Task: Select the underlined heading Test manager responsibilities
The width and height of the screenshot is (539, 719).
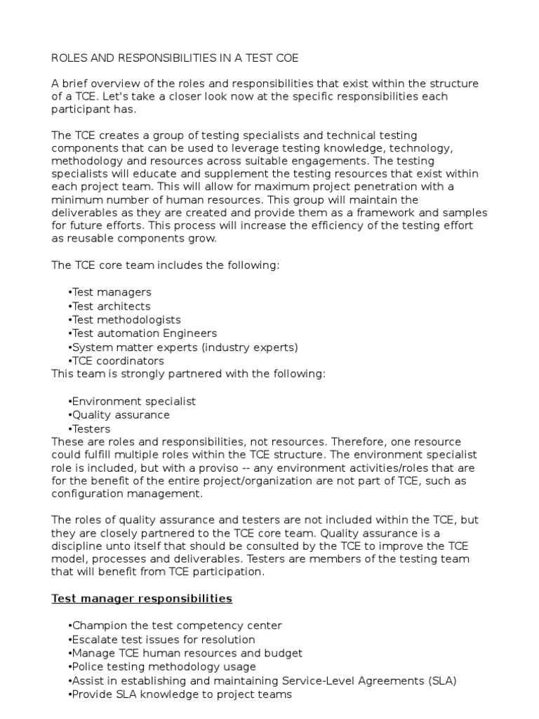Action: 142,599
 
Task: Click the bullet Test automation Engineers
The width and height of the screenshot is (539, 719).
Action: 143,334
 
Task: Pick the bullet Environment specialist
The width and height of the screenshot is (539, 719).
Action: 133,402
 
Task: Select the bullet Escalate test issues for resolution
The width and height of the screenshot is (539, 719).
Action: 162,640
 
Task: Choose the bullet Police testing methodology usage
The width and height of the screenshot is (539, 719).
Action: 163,667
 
